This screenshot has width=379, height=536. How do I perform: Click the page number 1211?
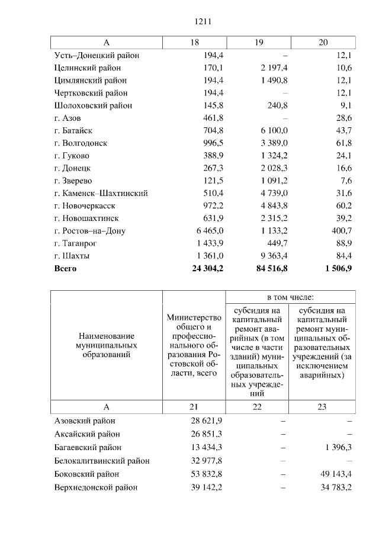pyautogui.click(x=203, y=22)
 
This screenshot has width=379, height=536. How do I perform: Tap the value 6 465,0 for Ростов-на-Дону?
pyautogui.click(x=208, y=231)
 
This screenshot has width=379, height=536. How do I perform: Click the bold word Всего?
pyautogui.click(x=65, y=268)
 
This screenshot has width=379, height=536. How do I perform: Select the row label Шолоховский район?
pyautogui.click(x=93, y=105)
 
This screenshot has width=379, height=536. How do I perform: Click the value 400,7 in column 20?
pyautogui.click(x=342, y=231)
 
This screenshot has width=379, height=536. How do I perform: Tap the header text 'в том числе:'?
pyautogui.click(x=290, y=297)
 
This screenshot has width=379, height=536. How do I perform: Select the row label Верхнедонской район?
pyautogui.click(x=96, y=487)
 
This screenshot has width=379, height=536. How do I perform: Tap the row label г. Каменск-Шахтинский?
pyautogui.click(x=101, y=193)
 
